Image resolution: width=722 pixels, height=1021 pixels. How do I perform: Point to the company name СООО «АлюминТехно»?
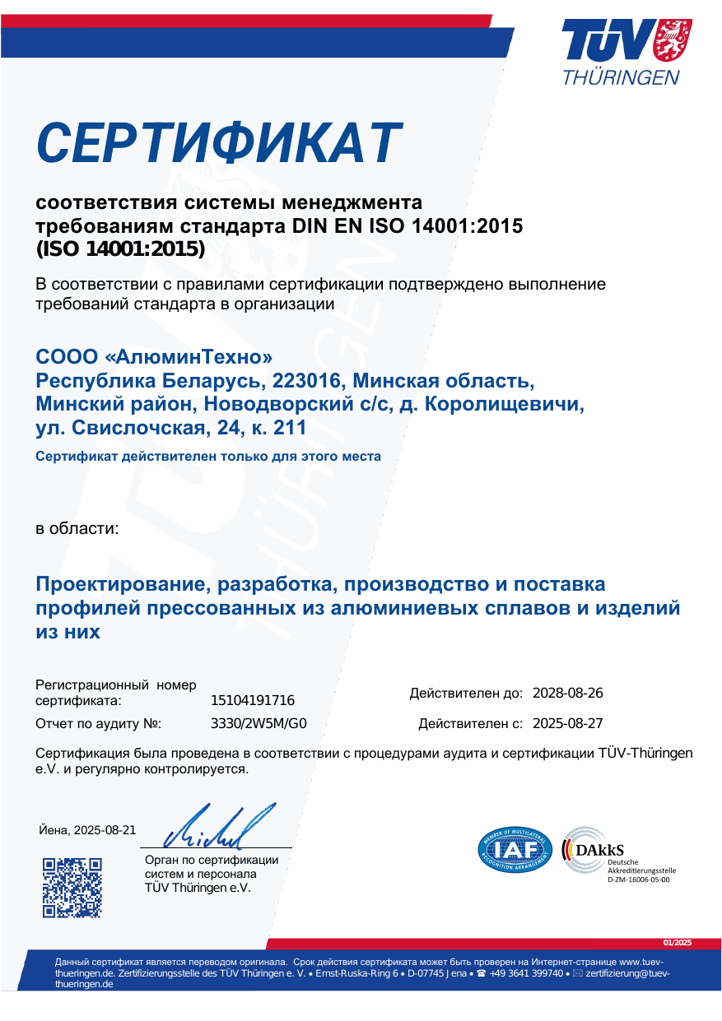(154, 358)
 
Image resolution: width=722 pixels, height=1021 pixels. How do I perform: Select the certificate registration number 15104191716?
(253, 701)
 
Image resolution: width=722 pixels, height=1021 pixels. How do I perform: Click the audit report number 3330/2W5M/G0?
(259, 724)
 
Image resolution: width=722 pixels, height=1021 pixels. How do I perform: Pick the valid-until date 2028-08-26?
(568, 693)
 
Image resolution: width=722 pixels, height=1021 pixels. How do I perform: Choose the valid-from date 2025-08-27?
(568, 724)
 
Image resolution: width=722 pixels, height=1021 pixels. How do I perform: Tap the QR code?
(72, 887)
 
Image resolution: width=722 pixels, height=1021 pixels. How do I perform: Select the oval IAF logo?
(515, 848)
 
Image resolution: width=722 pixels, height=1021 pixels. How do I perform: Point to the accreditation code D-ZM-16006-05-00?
(638, 879)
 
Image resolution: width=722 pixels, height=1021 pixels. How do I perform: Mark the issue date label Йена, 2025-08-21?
(87, 829)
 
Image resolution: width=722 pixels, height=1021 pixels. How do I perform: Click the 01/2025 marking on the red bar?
(678, 942)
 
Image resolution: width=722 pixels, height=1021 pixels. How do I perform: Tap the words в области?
(77, 528)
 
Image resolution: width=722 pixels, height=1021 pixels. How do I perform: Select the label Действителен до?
(466, 694)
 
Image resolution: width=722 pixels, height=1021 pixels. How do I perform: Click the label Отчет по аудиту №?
(98, 724)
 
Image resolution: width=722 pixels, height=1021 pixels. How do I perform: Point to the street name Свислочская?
(137, 428)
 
